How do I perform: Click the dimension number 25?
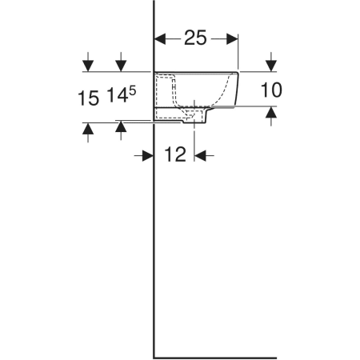click(195, 38)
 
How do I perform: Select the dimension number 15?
click(88, 98)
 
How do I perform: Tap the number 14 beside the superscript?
click(118, 96)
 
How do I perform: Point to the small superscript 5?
click(133, 91)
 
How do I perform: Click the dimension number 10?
click(271, 90)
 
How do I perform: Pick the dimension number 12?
click(175, 154)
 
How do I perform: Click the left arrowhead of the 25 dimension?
click(160, 39)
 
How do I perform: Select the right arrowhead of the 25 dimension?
click(232, 39)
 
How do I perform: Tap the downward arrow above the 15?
click(88, 62)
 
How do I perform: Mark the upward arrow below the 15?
click(88, 133)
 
